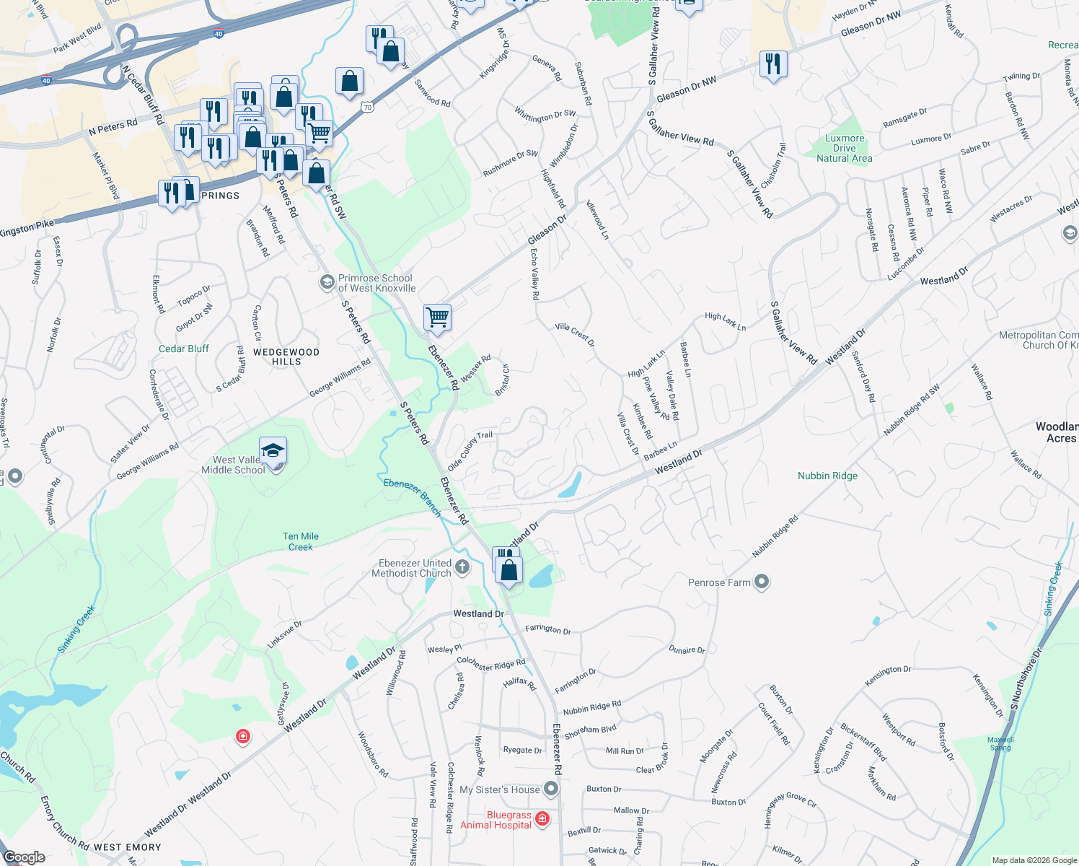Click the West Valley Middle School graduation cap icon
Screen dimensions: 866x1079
click(273, 452)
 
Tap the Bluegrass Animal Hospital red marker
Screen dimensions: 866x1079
click(542, 819)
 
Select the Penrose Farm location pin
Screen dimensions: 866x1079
click(762, 582)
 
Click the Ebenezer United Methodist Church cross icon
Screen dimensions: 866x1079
click(462, 568)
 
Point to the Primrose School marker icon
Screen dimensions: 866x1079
click(327, 282)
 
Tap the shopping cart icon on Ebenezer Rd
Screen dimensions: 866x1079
click(437, 317)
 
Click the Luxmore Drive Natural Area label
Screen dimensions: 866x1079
click(844, 148)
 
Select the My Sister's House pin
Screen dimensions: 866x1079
click(551, 789)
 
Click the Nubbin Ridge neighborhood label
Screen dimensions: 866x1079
click(827, 476)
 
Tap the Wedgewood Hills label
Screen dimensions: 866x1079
click(286, 357)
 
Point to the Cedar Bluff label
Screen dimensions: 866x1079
click(183, 349)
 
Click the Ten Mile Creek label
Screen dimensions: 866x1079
click(301, 541)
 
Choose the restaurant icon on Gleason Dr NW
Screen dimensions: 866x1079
click(772, 64)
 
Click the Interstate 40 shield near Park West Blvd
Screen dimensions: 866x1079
click(219, 34)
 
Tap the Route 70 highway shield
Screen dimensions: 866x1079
click(368, 108)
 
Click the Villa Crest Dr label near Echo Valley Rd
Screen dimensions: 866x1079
click(575, 334)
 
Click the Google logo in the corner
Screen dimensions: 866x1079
click(24, 857)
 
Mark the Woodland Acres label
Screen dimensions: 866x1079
click(1058, 432)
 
